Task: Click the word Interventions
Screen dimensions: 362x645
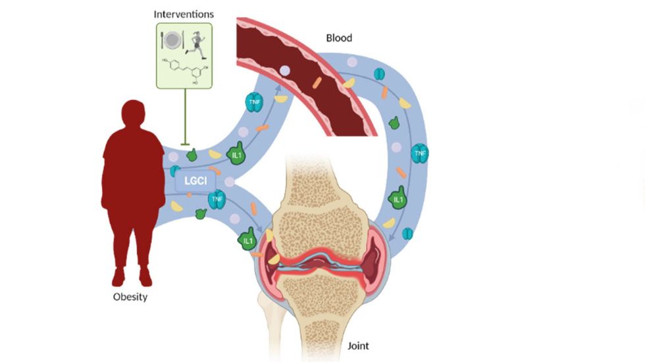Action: (x=184, y=14)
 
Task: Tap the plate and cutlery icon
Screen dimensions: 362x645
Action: (x=171, y=41)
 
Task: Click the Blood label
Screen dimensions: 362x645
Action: (x=340, y=38)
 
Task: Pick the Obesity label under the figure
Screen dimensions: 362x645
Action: (x=130, y=297)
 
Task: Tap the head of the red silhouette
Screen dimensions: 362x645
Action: (x=134, y=115)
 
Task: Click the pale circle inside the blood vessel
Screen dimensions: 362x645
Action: (x=284, y=69)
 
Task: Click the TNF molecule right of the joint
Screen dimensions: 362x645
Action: (x=419, y=155)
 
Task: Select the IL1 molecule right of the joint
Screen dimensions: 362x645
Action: (x=398, y=198)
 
